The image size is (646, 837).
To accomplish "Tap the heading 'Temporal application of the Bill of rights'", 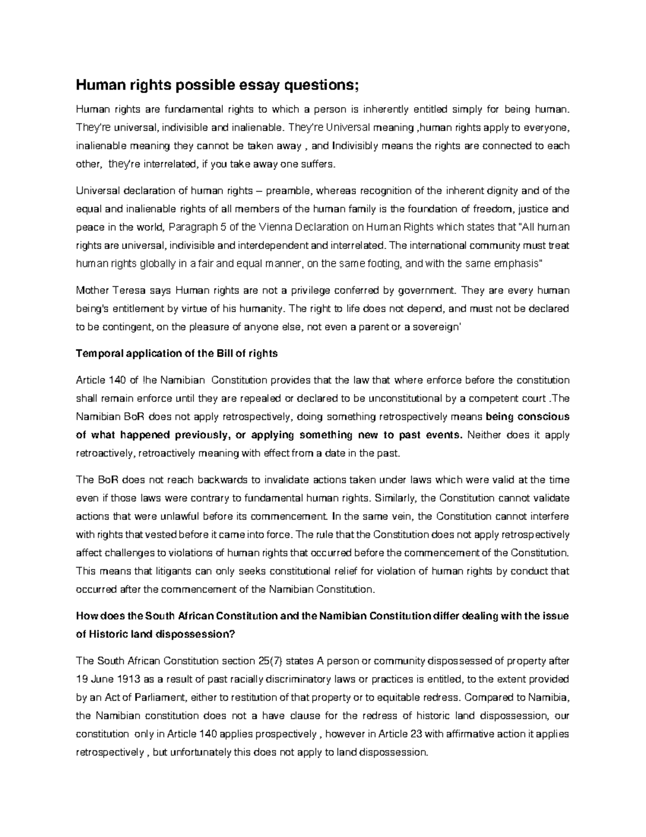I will (177, 354).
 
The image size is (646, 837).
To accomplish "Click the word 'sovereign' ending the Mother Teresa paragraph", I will (436, 327).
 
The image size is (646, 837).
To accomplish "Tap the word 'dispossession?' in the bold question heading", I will (195, 634).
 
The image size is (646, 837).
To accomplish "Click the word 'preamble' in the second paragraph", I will (294, 191).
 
